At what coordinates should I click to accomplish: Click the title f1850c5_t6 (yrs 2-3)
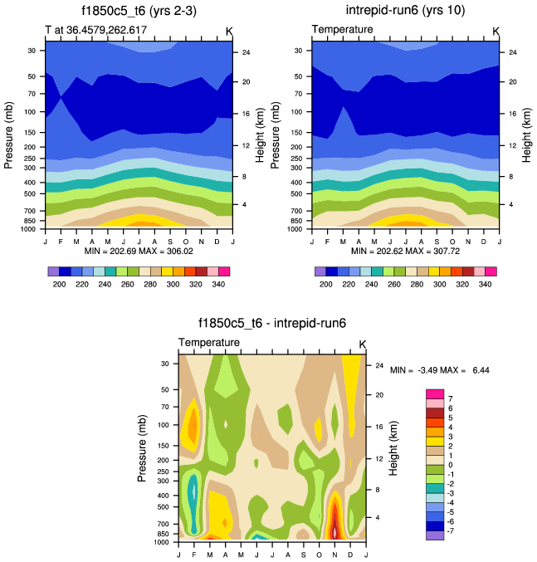point(139,11)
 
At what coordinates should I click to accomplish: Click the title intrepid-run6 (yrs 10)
point(405,11)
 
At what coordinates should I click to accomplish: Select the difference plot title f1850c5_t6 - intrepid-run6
point(271,324)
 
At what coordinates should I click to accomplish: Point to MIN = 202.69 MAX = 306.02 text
point(139,250)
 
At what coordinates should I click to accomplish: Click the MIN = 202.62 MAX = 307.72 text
point(405,250)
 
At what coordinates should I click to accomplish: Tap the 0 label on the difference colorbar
point(452,463)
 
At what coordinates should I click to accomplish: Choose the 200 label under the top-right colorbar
point(326,284)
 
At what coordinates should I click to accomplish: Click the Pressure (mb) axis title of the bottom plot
point(143,447)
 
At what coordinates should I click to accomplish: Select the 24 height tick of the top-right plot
point(512,52)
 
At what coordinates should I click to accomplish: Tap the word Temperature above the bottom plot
point(209,343)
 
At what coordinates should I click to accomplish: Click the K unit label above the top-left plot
point(230,31)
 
